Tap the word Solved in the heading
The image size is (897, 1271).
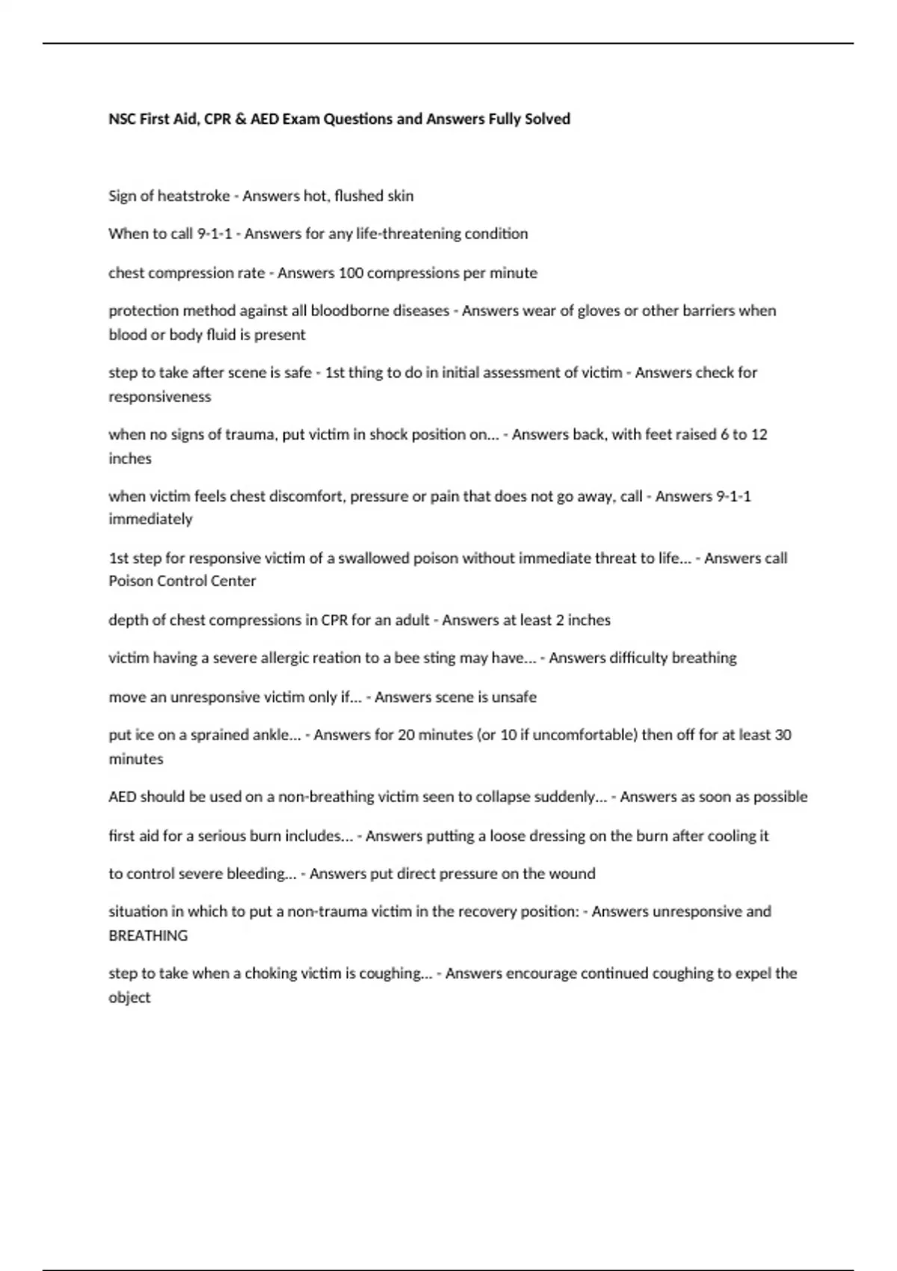(x=547, y=119)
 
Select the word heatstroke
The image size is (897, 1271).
(x=194, y=196)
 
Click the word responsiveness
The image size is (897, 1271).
(x=160, y=397)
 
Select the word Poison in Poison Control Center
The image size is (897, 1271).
(x=130, y=581)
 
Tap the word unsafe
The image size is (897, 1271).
(x=514, y=697)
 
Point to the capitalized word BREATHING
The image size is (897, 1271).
(x=148, y=936)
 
